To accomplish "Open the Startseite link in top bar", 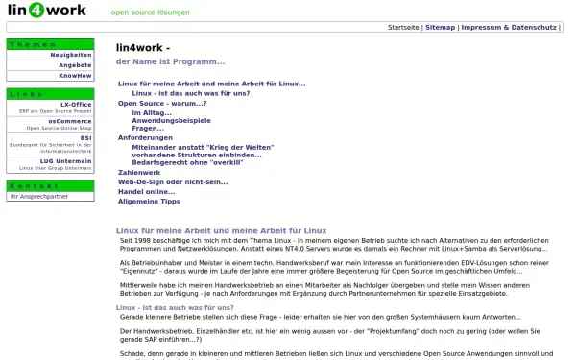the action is (403, 28).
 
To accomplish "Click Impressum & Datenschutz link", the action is (509, 28).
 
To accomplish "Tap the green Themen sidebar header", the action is (50, 44).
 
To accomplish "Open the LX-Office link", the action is (76, 103).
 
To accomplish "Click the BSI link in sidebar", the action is (86, 137).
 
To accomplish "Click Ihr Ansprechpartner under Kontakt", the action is (38, 196).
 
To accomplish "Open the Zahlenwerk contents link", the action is (138, 172).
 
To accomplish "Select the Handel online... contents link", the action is (146, 191).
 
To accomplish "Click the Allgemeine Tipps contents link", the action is (149, 202).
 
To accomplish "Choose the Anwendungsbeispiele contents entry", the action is (170, 120).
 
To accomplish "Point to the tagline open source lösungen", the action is (150, 13).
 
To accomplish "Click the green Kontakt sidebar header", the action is (50, 185).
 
